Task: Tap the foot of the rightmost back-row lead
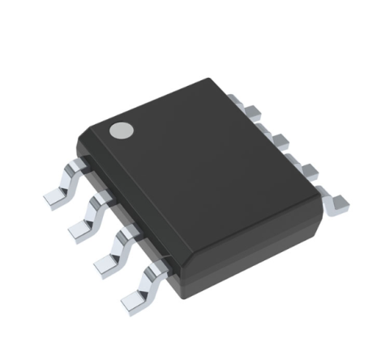click(x=336, y=200)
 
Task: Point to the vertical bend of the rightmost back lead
click(x=323, y=192)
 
